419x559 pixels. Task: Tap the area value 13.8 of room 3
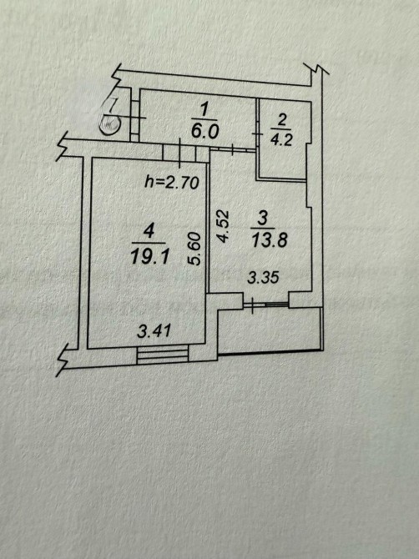click(x=270, y=240)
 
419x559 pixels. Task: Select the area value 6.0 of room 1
click(x=204, y=132)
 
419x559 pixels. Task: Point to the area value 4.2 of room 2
click(x=281, y=139)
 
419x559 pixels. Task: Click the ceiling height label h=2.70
click(x=171, y=183)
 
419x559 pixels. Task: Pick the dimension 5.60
click(x=195, y=249)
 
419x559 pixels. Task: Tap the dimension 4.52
click(x=223, y=226)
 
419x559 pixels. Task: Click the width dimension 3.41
click(x=154, y=331)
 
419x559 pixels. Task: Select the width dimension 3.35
click(x=263, y=277)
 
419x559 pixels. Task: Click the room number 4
click(x=149, y=232)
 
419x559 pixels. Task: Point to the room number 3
click(x=262, y=218)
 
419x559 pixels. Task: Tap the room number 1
click(x=204, y=110)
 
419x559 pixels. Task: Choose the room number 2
click(x=281, y=120)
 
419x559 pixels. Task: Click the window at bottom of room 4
click(x=163, y=355)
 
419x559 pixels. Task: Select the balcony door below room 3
click(x=265, y=304)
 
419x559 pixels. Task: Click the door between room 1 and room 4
click(x=179, y=152)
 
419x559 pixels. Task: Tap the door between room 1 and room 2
click(x=257, y=133)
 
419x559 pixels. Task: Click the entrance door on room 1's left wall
click(x=134, y=118)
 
